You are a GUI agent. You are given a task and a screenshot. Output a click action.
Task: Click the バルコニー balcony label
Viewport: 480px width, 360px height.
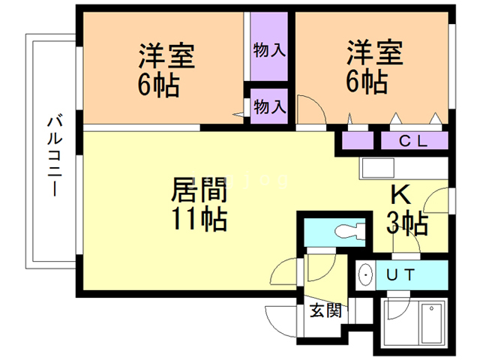click(x=55, y=155)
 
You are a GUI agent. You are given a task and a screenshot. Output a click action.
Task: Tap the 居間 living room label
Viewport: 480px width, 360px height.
click(x=199, y=190)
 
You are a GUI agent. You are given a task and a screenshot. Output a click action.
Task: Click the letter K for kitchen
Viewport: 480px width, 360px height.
click(x=400, y=195)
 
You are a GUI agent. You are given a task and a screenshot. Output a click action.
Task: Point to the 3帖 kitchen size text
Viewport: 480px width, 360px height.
click(x=406, y=223)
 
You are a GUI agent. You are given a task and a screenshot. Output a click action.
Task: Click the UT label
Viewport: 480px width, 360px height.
click(x=400, y=274)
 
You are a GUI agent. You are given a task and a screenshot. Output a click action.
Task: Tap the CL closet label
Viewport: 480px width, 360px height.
click(x=413, y=141)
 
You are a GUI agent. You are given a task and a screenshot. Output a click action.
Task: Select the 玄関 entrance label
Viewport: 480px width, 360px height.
click(x=325, y=310)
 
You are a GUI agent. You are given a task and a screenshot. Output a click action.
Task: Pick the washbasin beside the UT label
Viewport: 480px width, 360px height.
click(x=365, y=274)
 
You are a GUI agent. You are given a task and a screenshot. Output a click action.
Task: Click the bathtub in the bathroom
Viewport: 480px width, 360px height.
click(x=432, y=323)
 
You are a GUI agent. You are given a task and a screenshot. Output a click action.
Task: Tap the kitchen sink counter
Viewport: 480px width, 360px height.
click(x=403, y=168)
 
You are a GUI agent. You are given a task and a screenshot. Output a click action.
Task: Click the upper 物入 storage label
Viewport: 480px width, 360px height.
click(x=269, y=50)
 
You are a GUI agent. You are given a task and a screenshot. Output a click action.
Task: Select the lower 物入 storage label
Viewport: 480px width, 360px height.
click(x=269, y=106)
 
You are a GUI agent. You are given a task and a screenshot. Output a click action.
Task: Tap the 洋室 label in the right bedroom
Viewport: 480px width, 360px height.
click(x=375, y=52)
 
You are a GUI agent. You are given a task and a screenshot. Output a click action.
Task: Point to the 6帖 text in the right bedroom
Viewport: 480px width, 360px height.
click(x=367, y=82)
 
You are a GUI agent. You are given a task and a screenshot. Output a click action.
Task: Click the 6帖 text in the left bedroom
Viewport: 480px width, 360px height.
click(x=158, y=85)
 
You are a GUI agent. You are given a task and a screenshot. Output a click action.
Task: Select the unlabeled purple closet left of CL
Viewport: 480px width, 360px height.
click(x=358, y=140)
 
